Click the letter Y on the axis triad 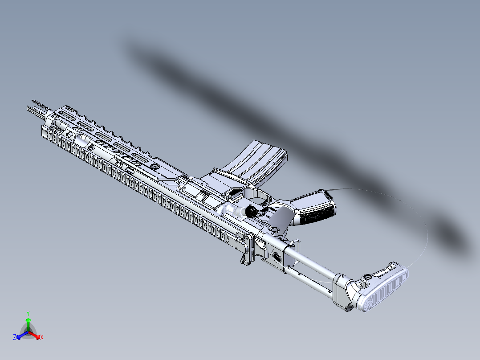point(28,313)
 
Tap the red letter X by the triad point(41,338)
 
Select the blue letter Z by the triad point(15,338)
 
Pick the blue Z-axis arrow point(20,335)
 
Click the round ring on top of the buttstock point(368,277)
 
